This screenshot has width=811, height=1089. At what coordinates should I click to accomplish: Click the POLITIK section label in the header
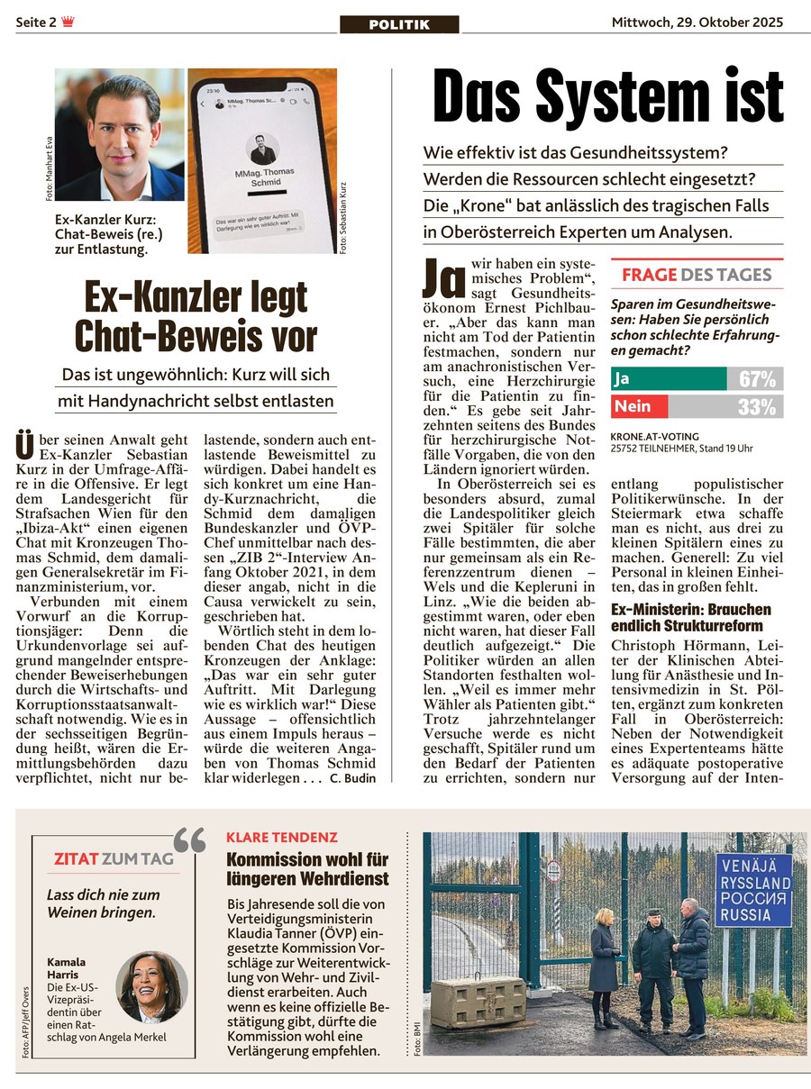pyautogui.click(x=399, y=24)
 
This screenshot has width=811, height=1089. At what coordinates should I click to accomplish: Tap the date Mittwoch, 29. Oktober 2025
pyautogui.click(x=697, y=23)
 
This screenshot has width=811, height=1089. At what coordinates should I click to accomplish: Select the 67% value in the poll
pyautogui.click(x=757, y=379)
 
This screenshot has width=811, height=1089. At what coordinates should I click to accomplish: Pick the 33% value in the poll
pyautogui.click(x=757, y=407)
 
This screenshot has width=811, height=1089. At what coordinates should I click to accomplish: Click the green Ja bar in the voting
pyautogui.click(x=668, y=379)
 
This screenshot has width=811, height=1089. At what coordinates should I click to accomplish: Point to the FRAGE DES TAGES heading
pyautogui.click(x=697, y=275)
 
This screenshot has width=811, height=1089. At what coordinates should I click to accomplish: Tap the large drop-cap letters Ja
pyautogui.click(x=443, y=278)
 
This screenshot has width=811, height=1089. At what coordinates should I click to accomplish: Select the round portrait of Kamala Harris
pyautogui.click(x=152, y=987)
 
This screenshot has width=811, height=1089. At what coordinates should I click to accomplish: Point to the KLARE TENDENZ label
pyautogui.click(x=282, y=838)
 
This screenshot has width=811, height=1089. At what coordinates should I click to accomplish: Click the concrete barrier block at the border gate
pyautogui.click(x=478, y=1002)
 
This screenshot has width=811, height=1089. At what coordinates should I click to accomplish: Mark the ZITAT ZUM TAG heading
pyautogui.click(x=114, y=859)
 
